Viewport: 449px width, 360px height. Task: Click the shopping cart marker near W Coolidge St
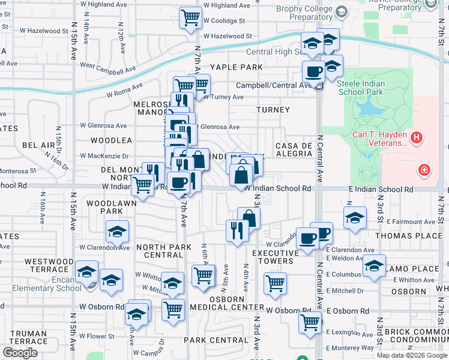[x=190, y=18]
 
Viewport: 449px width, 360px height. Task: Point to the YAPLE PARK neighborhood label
[x=236, y=67]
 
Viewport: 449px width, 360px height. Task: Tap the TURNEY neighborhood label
[x=273, y=110]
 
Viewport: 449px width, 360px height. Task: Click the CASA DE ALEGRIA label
[x=294, y=149]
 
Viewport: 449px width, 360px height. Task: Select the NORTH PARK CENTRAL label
[x=164, y=251]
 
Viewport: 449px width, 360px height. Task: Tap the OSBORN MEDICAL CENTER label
[x=226, y=303]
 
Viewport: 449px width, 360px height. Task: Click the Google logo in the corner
[x=20, y=353]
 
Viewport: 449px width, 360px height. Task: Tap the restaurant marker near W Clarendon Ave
[x=237, y=230]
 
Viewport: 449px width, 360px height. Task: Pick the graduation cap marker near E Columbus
[x=373, y=265]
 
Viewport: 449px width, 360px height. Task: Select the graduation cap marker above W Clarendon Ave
[x=117, y=230]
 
